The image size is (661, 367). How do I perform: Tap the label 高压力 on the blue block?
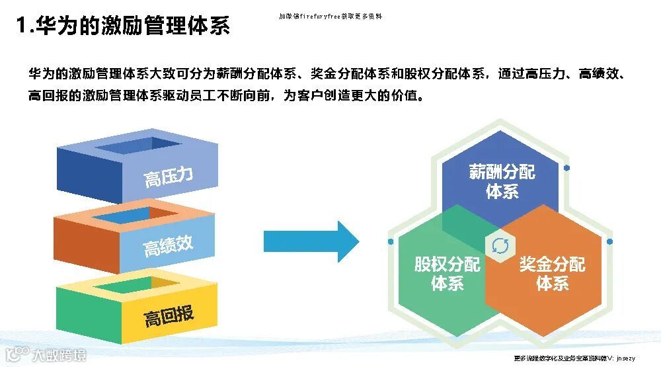click(169, 177)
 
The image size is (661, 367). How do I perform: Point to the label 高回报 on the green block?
click(169, 316)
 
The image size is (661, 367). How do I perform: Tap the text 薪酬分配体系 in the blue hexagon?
click(502, 182)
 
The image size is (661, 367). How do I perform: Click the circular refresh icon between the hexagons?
click(500, 246)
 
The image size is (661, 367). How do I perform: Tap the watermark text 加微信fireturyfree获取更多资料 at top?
click(330, 16)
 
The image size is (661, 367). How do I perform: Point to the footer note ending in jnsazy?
click(574, 358)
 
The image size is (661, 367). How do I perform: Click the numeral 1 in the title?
click(22, 26)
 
